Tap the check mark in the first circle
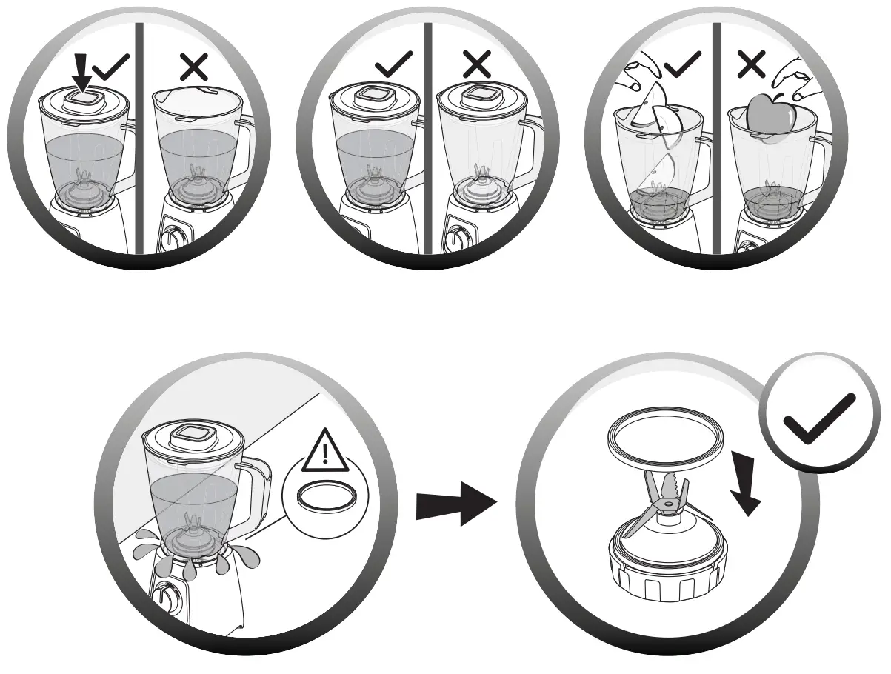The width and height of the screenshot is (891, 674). [x=112, y=67]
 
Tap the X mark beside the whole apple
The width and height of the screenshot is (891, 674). [x=751, y=66]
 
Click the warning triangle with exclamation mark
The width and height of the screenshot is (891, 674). [x=324, y=451]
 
